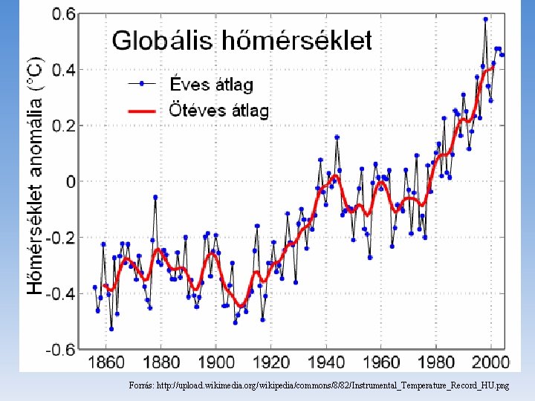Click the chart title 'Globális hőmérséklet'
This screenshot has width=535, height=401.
point(241,39)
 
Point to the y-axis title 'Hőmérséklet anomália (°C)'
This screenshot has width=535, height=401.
point(34,175)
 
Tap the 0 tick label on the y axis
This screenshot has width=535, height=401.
point(71,182)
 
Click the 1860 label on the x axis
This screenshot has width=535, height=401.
point(106,362)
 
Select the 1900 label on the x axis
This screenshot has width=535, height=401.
point(216,362)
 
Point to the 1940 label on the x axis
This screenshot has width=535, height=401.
point(327,362)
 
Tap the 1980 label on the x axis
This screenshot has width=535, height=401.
point(438,362)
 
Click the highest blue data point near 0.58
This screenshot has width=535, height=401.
point(485,19)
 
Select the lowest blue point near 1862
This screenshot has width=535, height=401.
point(111,328)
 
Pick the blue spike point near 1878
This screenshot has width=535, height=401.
point(155,197)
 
